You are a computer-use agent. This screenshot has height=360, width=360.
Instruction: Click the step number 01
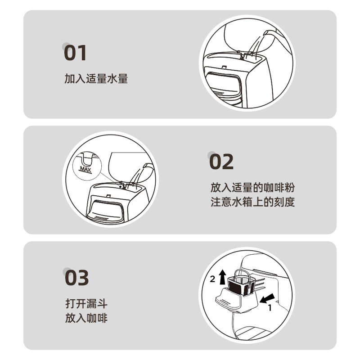75,53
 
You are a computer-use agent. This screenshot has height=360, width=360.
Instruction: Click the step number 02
221,162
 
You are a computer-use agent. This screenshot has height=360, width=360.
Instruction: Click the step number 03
76,278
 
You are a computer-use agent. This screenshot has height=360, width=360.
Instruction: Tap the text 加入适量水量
96,79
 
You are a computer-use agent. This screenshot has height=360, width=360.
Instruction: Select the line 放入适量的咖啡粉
252,188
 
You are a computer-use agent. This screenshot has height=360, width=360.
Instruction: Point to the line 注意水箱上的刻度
252,202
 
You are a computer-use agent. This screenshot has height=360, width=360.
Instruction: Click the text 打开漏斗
86,303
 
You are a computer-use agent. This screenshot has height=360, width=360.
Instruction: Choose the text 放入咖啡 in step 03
86,318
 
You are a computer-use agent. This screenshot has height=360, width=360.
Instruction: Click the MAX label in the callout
85,170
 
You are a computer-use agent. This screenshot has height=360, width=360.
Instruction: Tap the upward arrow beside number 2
222,277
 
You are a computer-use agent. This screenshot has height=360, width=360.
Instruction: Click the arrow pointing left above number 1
267,298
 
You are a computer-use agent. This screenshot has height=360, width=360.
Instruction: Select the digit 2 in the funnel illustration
212,279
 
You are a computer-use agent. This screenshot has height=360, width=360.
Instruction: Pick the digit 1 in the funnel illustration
270,308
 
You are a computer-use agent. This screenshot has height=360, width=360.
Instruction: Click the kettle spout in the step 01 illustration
267,33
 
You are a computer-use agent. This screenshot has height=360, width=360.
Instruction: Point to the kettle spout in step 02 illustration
147,166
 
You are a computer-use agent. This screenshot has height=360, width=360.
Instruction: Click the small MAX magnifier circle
87,166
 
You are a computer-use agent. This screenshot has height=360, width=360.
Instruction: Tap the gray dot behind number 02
211,155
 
